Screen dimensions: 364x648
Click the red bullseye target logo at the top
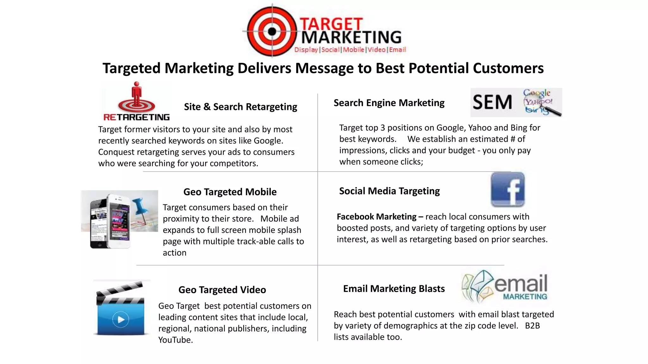272,31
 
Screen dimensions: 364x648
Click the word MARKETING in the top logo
351,37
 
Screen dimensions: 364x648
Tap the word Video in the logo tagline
377,50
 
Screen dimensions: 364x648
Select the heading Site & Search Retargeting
240,107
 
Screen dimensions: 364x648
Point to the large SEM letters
492,102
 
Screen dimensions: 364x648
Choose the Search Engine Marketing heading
389,103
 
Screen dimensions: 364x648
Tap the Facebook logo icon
508,190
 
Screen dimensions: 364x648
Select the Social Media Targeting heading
389,191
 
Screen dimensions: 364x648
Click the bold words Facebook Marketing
377,217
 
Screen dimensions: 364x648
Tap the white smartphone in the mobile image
119,221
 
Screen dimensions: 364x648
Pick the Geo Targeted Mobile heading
230,192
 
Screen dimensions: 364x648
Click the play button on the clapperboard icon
121,319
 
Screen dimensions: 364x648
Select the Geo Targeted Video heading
222,290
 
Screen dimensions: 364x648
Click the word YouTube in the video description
175,340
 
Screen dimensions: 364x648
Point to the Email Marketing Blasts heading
394,289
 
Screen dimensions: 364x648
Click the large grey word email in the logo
521,283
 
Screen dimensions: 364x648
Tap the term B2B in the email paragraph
532,326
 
